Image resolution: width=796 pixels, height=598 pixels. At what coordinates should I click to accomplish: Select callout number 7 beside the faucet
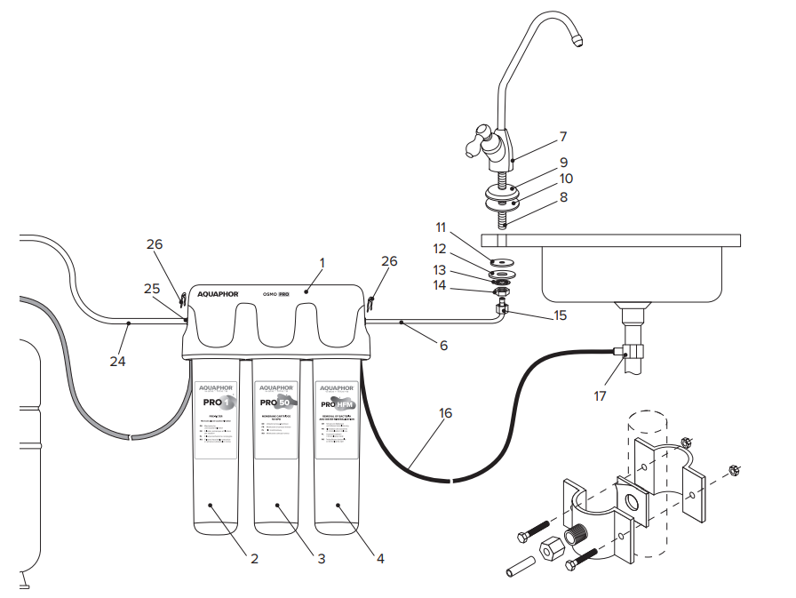point(562,137)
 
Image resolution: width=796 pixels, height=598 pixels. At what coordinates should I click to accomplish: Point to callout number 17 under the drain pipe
point(601,395)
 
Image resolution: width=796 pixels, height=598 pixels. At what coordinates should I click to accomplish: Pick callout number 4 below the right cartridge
point(380,559)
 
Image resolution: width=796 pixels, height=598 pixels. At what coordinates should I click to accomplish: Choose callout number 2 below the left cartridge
point(254,559)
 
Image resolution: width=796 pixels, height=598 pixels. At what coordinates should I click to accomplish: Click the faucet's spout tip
point(578,40)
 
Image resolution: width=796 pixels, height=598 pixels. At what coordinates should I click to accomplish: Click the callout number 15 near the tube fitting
point(560,315)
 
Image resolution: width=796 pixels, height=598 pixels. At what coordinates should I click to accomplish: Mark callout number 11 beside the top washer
point(441,228)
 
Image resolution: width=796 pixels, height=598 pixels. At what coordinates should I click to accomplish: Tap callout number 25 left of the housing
point(152,288)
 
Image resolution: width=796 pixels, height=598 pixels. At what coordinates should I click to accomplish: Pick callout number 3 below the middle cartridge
point(321,559)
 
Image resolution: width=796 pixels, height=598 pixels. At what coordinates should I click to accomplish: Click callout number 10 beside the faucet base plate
point(566,179)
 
